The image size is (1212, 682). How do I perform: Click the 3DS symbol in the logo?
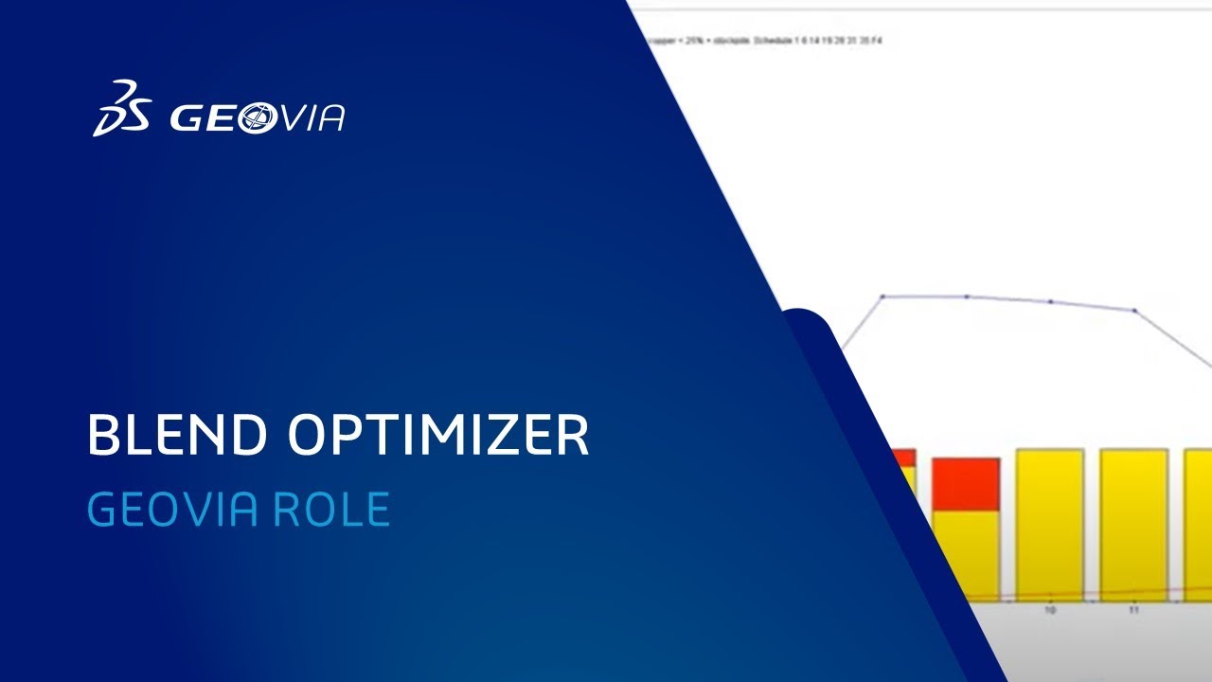pyautogui.click(x=121, y=108)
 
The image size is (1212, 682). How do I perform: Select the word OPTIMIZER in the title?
pyautogui.click(x=438, y=435)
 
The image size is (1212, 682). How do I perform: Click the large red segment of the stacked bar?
pyautogui.click(x=966, y=484)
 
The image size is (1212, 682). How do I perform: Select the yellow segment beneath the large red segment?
pyautogui.click(x=966, y=553)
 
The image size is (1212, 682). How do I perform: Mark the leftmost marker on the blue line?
pyautogui.click(x=882, y=296)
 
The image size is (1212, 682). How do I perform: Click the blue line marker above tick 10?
pyautogui.click(x=1050, y=302)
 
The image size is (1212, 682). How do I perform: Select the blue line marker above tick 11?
pyautogui.click(x=1134, y=311)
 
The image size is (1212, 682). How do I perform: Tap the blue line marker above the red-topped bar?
pyautogui.click(x=967, y=296)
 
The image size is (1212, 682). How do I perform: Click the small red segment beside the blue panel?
pyautogui.click(x=905, y=458)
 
